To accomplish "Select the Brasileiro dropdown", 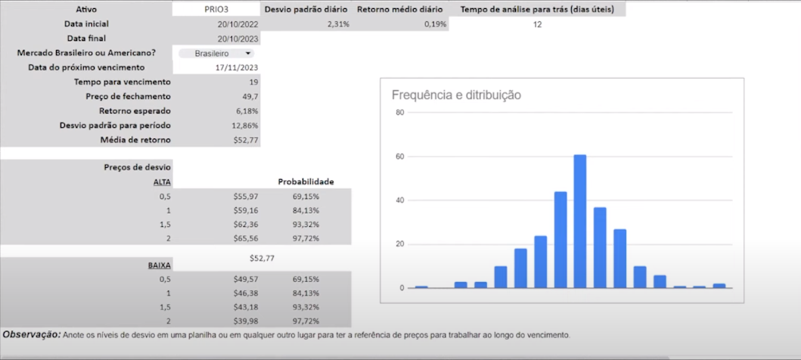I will pyautogui.click(x=216, y=54).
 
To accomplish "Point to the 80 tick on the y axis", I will pyautogui.click(x=400, y=113).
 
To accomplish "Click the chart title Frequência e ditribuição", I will pyautogui.click(x=456, y=95).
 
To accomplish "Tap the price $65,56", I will pyautogui.click(x=247, y=237).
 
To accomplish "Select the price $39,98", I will pyautogui.click(x=247, y=321).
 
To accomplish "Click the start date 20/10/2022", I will pyautogui.click(x=238, y=23).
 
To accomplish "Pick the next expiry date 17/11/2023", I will pyautogui.click(x=238, y=67).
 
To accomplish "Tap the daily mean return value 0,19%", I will pyautogui.click(x=436, y=24).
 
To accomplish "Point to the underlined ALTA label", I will pyautogui.click(x=162, y=182).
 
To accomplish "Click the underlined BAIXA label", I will pyautogui.click(x=159, y=266).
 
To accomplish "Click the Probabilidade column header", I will pyautogui.click(x=306, y=182).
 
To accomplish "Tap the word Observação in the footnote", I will pyautogui.click(x=32, y=334).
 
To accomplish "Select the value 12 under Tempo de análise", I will pyautogui.click(x=537, y=24).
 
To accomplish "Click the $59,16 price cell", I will pyautogui.click(x=247, y=209).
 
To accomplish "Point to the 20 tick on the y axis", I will pyautogui.click(x=400, y=244).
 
